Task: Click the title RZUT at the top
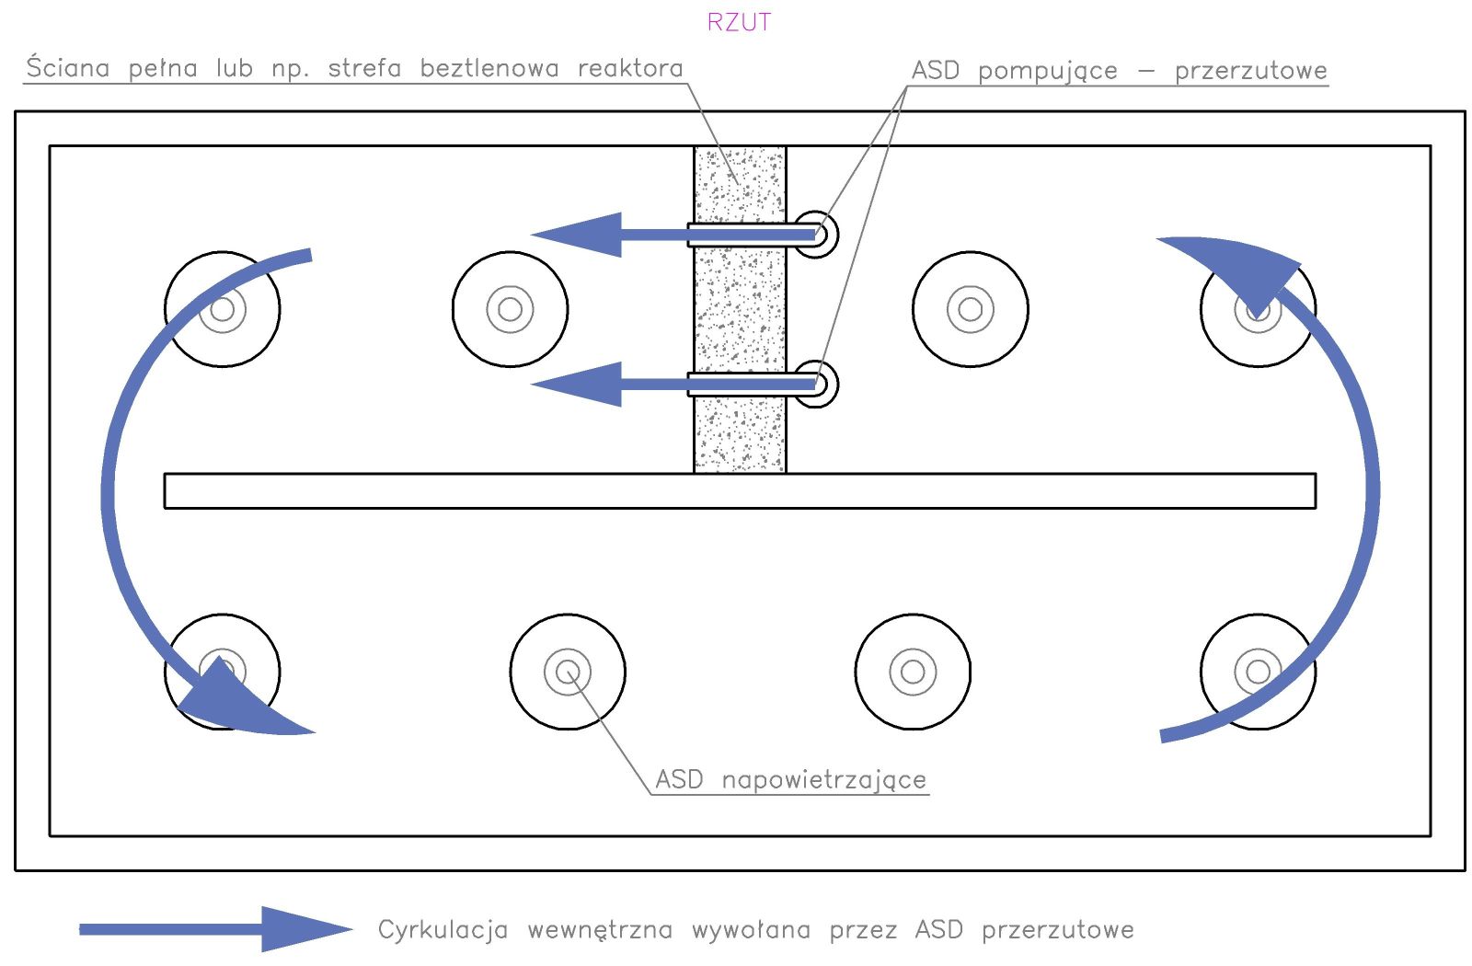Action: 739,22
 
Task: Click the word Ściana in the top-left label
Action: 68,68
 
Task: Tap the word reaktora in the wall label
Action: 630,68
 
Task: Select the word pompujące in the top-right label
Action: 1048,71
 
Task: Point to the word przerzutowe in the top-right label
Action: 1250,71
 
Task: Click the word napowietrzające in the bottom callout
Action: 823,780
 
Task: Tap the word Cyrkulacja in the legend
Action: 443,930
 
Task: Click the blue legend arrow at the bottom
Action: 215,929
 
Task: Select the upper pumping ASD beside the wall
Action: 817,235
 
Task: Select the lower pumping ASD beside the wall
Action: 817,384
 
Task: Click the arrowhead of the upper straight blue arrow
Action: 580,235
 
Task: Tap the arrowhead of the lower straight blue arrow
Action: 580,384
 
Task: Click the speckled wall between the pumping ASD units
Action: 740,309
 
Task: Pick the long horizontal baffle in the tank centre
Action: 740,490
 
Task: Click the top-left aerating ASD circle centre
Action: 223,309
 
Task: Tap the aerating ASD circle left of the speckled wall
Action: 510,309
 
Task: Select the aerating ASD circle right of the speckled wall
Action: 971,309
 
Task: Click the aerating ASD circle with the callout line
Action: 568,673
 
